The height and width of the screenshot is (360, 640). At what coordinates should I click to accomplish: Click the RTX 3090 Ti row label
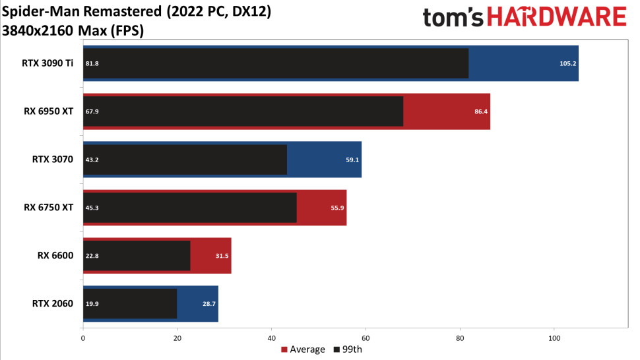48,63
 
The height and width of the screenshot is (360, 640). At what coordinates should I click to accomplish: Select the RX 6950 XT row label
49,111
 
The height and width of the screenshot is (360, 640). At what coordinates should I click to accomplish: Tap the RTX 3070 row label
53,160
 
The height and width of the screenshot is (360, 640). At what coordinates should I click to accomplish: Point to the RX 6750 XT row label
49,208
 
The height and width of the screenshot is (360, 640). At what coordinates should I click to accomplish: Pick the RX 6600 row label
55,256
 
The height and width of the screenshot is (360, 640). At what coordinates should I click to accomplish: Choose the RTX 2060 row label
53,304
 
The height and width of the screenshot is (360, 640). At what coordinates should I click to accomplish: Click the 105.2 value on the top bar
568,63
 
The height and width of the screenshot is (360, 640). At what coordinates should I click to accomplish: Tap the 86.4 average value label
481,111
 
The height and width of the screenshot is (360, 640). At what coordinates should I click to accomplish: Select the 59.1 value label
352,160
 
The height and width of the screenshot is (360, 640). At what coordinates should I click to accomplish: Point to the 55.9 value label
337,208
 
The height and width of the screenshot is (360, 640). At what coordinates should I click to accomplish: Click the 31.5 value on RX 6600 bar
222,256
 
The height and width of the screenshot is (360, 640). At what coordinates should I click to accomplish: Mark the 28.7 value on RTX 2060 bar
209,304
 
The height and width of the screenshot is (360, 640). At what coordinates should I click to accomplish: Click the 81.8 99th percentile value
92,63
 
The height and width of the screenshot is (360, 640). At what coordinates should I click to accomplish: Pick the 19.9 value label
92,304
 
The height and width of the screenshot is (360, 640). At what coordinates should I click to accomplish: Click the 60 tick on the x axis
366,338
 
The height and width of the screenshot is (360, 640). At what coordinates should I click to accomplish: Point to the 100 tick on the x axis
554,338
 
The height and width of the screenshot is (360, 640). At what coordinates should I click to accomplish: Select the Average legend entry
303,349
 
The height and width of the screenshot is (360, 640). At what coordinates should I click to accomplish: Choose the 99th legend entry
348,349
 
